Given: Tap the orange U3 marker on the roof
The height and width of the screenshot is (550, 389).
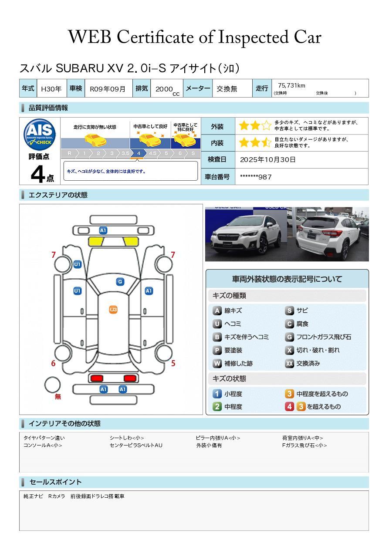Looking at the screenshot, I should [x=113, y=310].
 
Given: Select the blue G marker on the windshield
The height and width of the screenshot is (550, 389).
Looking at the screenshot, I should [x=120, y=282].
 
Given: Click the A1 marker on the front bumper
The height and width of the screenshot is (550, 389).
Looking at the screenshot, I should [x=103, y=230].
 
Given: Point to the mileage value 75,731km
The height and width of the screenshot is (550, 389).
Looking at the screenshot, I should [x=291, y=86].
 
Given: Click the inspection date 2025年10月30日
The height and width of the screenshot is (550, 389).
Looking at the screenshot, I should [x=267, y=160].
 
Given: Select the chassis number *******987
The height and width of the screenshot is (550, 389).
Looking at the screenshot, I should [x=256, y=177].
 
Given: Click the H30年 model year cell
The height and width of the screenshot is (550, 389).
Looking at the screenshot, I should [x=51, y=89].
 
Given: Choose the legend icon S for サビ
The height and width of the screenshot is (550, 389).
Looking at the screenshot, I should [x=289, y=311].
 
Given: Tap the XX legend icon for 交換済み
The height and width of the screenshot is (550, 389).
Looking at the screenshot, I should [x=289, y=364].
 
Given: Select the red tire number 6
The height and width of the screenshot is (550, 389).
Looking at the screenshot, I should [x=53, y=363].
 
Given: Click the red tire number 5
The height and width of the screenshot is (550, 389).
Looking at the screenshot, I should [x=173, y=363].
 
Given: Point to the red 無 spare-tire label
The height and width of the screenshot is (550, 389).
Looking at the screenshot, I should [x=58, y=397].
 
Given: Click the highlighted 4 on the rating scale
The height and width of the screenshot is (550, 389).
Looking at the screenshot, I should [x=139, y=153].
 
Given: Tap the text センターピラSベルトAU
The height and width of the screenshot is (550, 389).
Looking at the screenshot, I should [x=136, y=445].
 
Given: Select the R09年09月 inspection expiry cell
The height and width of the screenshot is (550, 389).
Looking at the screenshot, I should [x=108, y=89].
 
